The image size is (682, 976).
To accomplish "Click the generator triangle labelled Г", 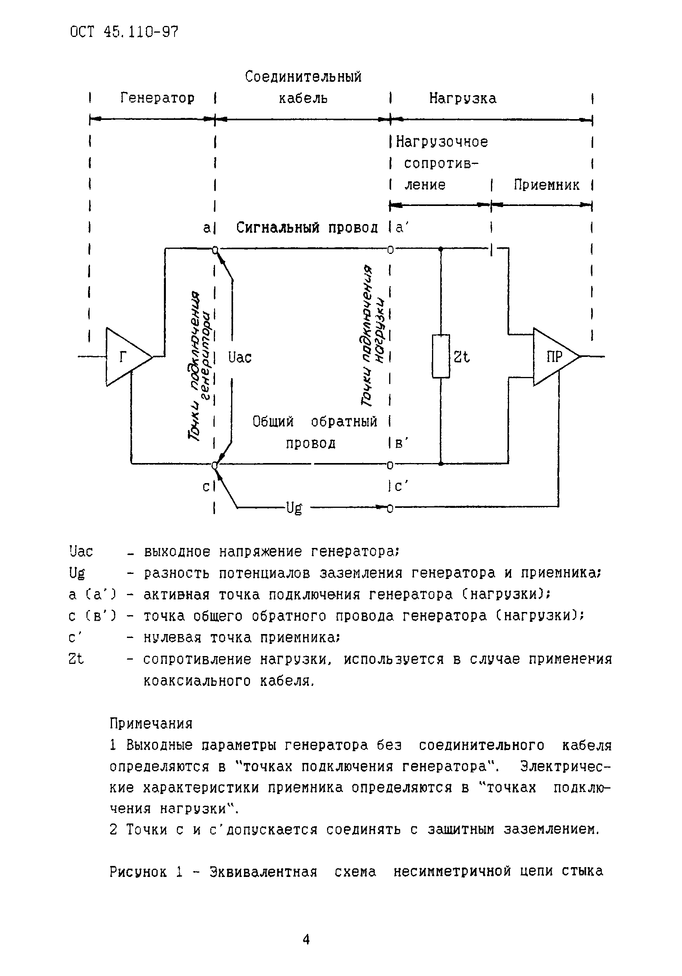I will (x=125, y=357).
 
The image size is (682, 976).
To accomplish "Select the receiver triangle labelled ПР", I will (x=552, y=357).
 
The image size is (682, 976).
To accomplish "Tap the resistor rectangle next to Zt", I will (x=441, y=356).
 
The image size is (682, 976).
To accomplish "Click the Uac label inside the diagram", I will (x=240, y=357).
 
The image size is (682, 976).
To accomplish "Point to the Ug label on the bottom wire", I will (x=294, y=507).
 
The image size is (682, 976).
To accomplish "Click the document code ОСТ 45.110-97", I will (x=124, y=32).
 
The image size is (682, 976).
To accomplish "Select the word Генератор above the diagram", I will (x=157, y=98).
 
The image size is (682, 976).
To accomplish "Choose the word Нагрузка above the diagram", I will (x=462, y=98).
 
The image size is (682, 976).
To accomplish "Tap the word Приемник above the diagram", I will (x=546, y=185).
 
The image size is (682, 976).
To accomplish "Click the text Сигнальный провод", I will (x=307, y=228).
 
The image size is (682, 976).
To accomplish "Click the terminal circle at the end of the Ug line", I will (x=390, y=507).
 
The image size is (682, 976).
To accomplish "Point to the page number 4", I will (x=306, y=939).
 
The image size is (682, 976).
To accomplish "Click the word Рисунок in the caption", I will (x=138, y=872).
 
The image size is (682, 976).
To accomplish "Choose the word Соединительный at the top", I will (x=303, y=77).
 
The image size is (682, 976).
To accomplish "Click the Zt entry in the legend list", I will (x=76, y=659).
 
